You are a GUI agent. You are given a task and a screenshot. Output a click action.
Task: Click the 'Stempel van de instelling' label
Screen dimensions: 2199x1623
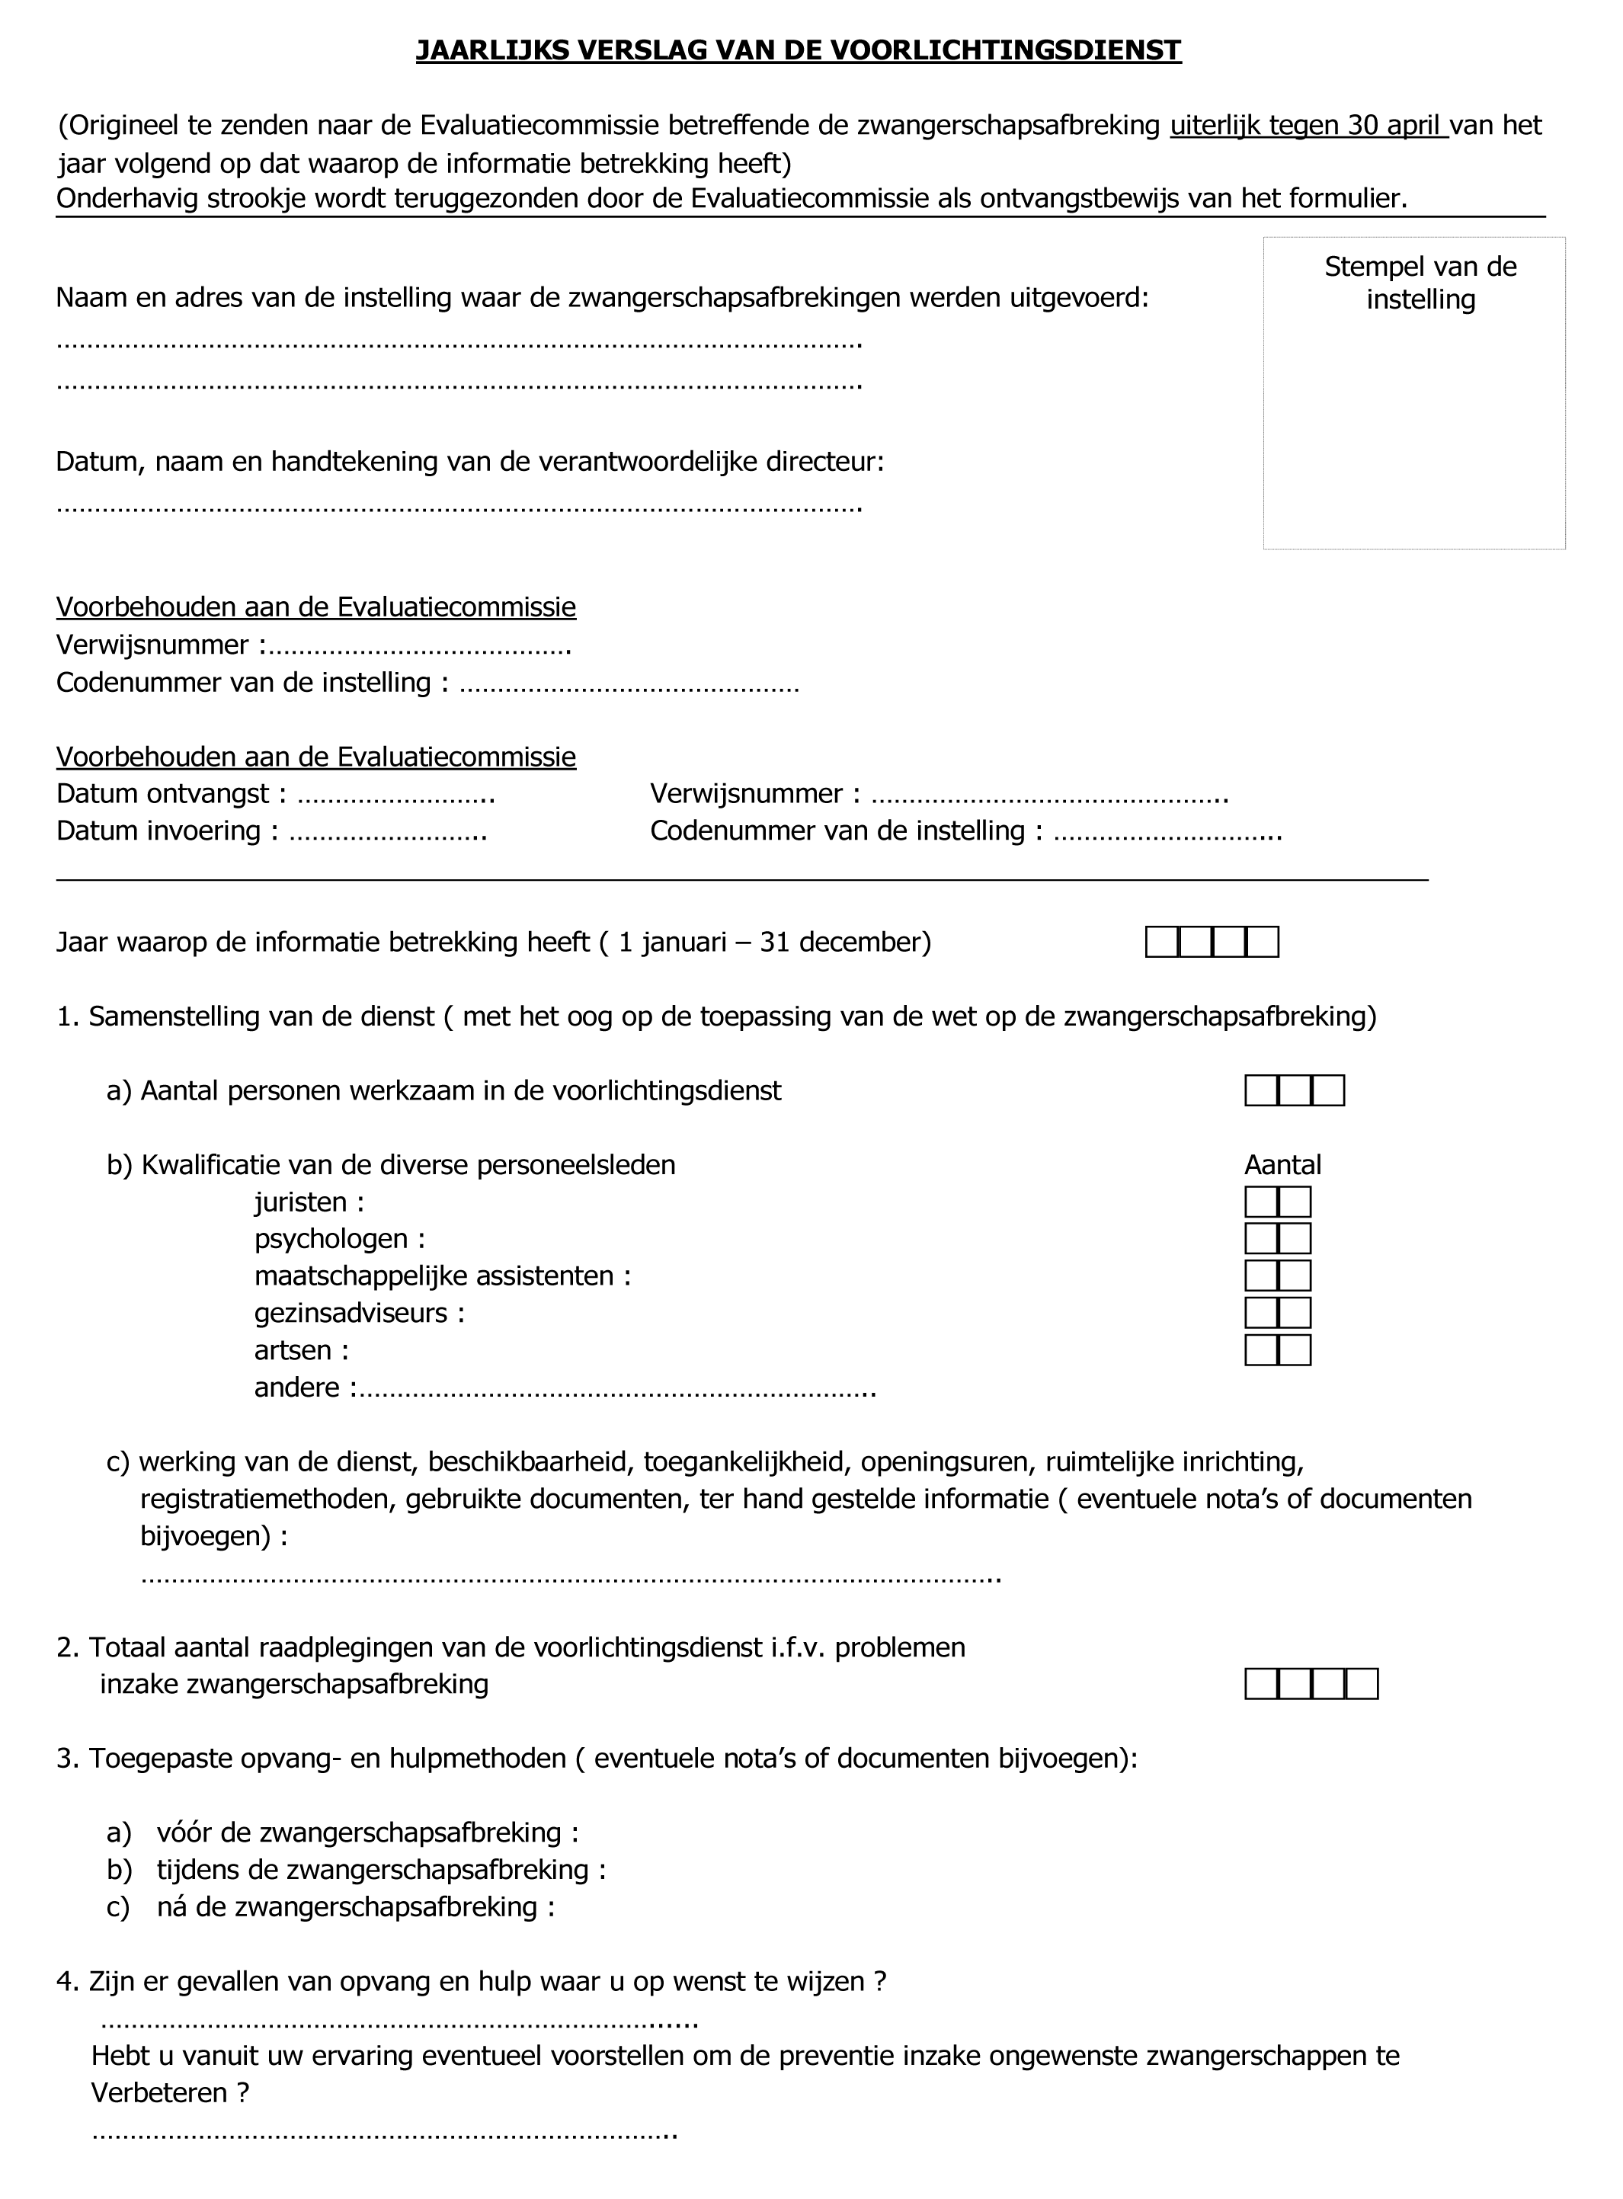(x=1420, y=283)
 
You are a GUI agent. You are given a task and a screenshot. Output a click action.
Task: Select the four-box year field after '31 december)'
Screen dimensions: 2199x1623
(x=1212, y=942)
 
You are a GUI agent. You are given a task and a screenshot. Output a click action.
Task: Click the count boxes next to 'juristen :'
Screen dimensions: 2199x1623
(x=1277, y=1202)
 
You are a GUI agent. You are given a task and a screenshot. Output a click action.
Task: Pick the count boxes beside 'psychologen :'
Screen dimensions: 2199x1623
(x=1277, y=1238)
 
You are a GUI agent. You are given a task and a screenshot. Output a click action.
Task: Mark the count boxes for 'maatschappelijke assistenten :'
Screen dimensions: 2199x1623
(x=1277, y=1276)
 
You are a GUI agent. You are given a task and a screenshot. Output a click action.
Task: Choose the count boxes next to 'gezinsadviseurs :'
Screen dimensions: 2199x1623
(x=1277, y=1313)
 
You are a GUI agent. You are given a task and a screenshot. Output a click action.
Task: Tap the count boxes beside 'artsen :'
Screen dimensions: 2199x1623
(x=1277, y=1350)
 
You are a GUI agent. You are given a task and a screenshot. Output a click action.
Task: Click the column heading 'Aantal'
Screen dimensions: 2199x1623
(x=1282, y=1165)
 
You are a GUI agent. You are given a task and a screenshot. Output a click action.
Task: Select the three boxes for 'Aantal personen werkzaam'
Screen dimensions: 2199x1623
(x=1294, y=1091)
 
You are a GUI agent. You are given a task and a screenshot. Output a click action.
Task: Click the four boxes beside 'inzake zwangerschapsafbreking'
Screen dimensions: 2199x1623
(x=1311, y=1685)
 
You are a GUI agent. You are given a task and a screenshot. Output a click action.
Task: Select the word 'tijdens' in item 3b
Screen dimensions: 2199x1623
(x=201, y=1869)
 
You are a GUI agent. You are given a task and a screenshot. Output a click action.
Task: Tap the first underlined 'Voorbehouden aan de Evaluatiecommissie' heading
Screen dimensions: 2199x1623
(x=315, y=607)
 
